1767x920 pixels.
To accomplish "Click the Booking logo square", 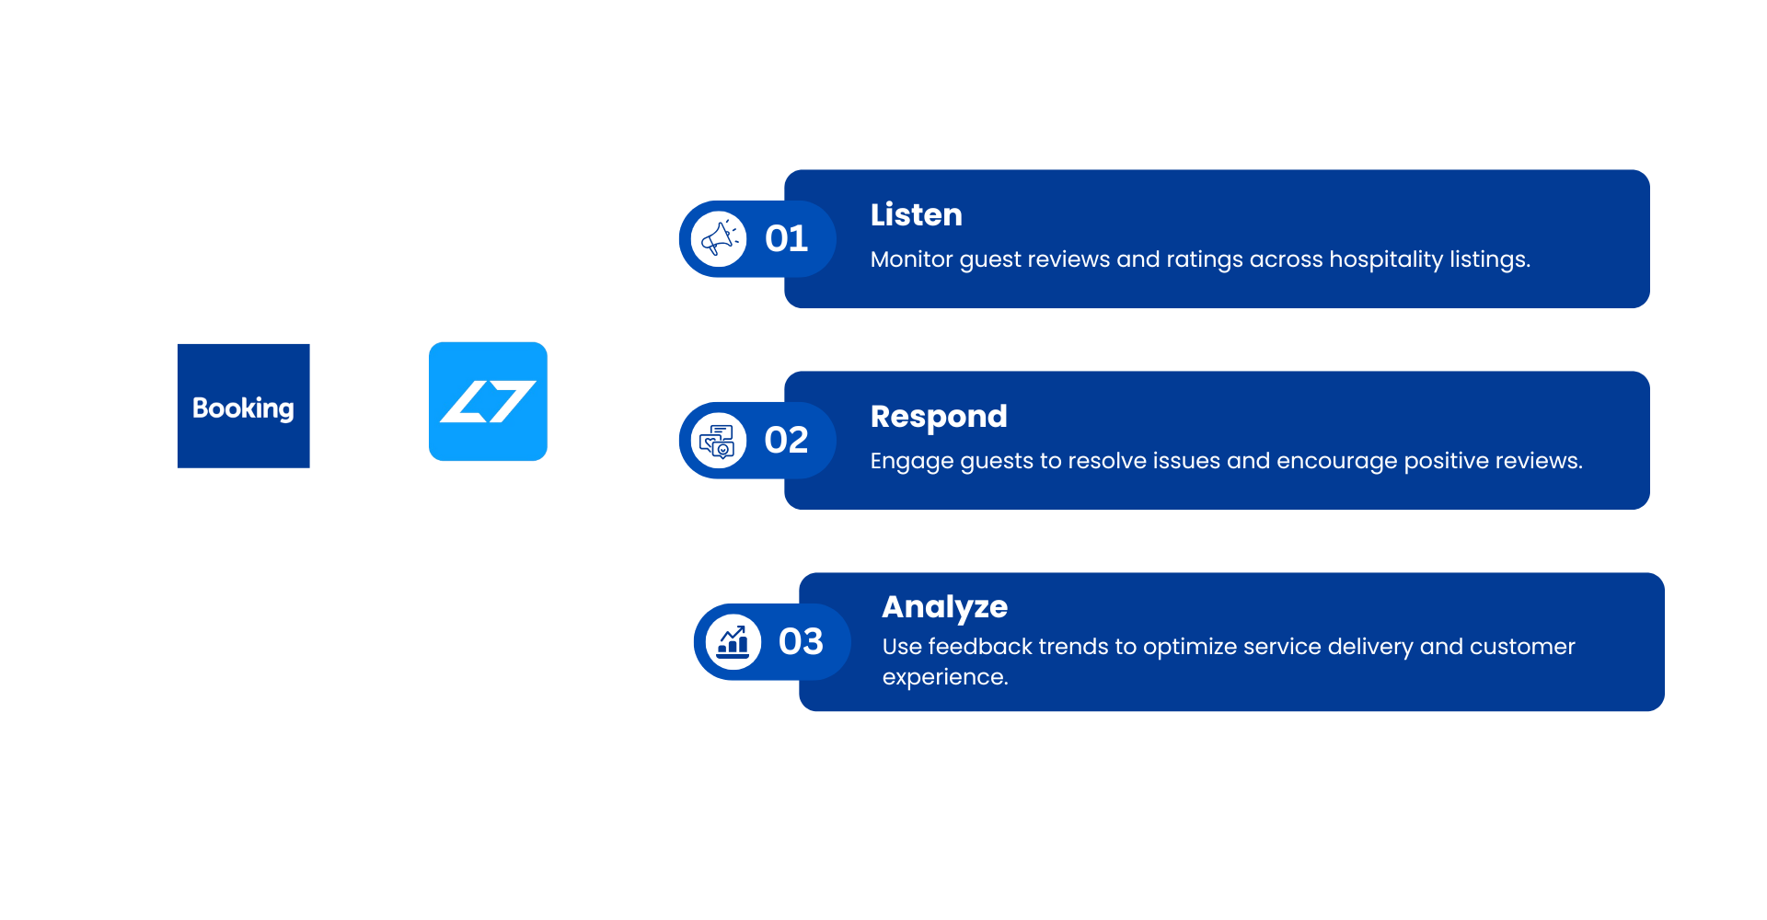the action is point(244,406).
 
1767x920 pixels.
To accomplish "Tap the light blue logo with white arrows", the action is point(488,401).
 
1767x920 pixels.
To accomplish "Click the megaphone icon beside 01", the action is point(719,239).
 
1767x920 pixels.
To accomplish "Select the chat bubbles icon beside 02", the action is point(719,441).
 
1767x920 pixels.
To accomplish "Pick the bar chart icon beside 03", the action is point(733,641).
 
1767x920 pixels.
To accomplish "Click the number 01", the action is point(786,239).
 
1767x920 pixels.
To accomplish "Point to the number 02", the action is point(786,441).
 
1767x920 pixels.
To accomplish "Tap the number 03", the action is point(801,641).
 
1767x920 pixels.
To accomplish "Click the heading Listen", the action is point(917,214).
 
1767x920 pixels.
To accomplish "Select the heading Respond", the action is point(939,417).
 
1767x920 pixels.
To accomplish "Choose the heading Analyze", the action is point(945,607).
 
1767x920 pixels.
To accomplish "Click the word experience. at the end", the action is point(945,678).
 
